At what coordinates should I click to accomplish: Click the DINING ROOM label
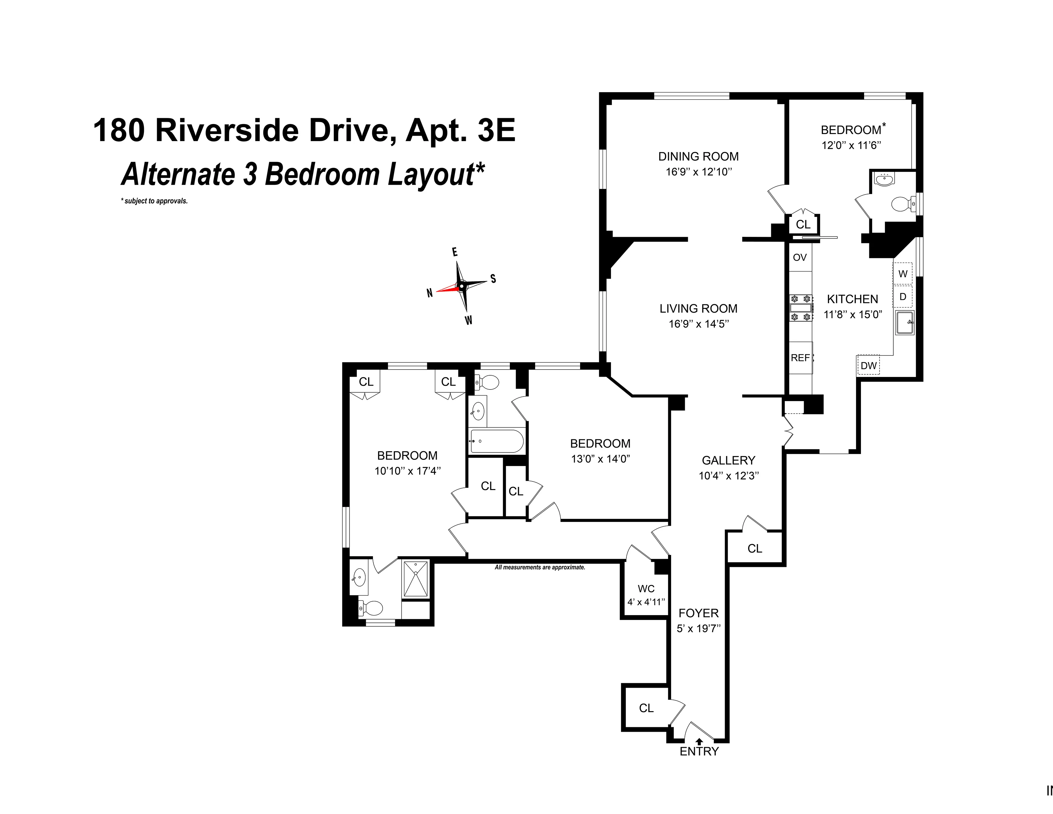698,156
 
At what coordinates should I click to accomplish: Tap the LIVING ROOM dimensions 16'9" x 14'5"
698,324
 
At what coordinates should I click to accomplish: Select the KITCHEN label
853,299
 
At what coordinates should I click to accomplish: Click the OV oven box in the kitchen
800,257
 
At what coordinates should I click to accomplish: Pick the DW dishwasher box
868,365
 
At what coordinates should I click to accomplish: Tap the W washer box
903,274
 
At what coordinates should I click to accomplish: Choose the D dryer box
903,297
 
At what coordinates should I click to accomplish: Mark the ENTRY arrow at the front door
699,742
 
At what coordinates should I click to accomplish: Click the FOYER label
698,613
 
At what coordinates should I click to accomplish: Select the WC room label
646,589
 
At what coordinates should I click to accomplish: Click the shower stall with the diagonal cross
415,579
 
